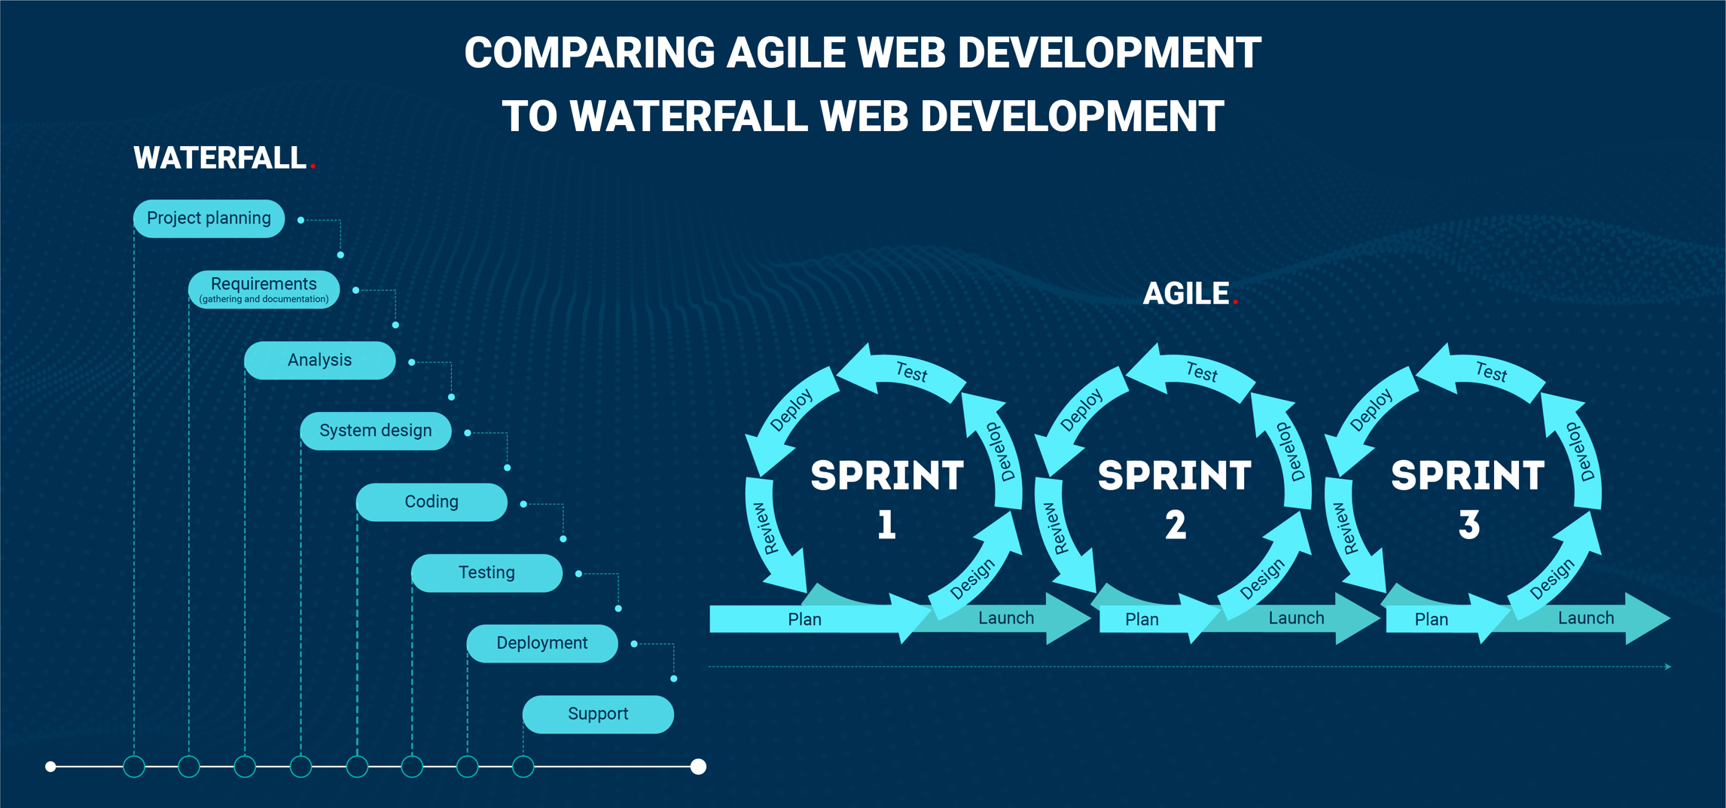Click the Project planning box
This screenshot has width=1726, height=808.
click(209, 218)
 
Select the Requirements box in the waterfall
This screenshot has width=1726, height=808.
click(264, 289)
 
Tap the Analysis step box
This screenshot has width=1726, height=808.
click(319, 360)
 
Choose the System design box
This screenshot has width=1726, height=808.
click(375, 431)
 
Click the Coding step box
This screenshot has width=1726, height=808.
click(431, 502)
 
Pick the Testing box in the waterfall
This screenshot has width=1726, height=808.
click(486, 572)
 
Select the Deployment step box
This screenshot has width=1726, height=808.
click(541, 643)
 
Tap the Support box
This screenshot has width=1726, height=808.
click(598, 714)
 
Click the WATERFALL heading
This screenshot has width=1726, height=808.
click(220, 158)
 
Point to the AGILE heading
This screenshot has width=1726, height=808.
click(1186, 294)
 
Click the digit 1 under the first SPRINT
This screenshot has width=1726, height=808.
click(886, 524)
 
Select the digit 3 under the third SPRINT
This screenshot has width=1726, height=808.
click(1468, 524)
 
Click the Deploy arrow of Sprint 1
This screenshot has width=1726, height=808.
click(791, 411)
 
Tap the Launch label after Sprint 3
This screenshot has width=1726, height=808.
click(1586, 618)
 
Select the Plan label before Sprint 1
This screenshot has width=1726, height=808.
click(804, 619)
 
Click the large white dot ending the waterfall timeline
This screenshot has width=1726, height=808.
click(698, 767)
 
